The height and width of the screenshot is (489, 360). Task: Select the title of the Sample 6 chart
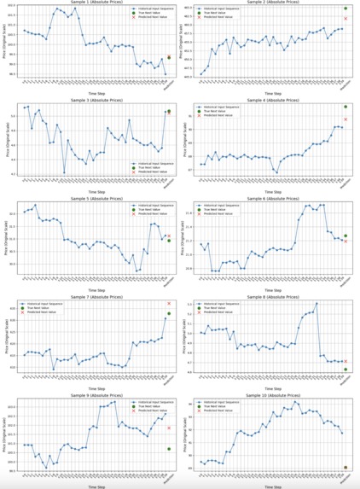click(x=270, y=197)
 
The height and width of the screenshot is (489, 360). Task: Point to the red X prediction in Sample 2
click(x=345, y=18)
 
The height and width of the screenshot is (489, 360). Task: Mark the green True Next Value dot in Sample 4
click(x=345, y=107)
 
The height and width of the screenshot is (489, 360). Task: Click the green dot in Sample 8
click(x=345, y=369)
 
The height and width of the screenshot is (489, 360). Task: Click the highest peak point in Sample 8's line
click(x=316, y=303)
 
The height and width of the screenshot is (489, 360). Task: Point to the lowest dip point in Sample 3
click(x=64, y=173)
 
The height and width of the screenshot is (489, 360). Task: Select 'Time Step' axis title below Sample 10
click(x=270, y=485)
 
